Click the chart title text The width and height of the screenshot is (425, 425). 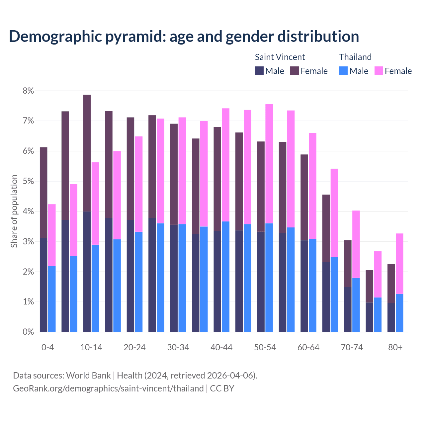click(184, 36)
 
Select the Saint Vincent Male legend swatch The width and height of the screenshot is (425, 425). click(259, 71)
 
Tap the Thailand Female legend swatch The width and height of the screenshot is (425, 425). click(379, 71)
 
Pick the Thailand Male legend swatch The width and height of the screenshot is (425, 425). click(343, 71)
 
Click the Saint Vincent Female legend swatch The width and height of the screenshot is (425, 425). click(295, 71)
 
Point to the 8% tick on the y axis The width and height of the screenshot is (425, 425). click(28, 91)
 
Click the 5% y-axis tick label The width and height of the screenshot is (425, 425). click(28, 181)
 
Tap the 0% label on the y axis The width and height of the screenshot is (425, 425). click(28, 332)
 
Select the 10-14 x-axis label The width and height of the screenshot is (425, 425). click(91, 348)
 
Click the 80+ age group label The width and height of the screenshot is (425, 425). click(395, 348)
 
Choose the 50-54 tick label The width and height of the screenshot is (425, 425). click(265, 348)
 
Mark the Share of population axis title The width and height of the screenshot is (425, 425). click(14, 211)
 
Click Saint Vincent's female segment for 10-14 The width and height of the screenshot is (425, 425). click(87, 153)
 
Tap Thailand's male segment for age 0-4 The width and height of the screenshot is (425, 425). click(52, 299)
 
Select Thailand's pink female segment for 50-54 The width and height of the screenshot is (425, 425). click(269, 164)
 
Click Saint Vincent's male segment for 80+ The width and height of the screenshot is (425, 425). click(391, 317)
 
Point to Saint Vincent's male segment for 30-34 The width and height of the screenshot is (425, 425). click(174, 278)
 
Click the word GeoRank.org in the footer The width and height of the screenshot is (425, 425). click(38, 388)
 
